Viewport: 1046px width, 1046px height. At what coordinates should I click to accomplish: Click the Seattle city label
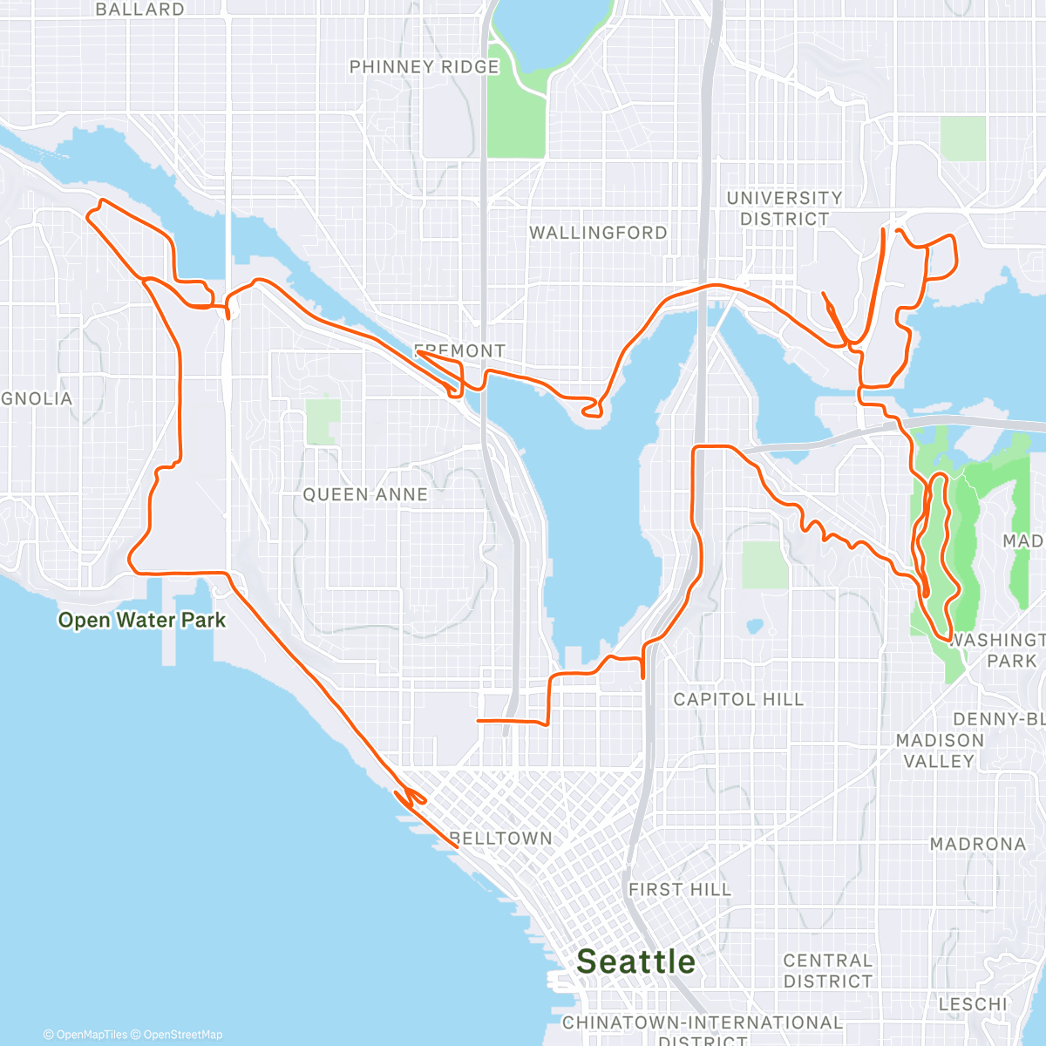click(636, 961)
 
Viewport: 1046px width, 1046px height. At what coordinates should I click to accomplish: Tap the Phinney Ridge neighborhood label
click(424, 67)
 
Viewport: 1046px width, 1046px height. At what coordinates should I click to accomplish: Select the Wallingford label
click(598, 233)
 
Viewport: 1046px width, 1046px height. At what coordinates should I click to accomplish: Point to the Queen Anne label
click(365, 494)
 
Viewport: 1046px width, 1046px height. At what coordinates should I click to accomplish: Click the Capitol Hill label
click(738, 699)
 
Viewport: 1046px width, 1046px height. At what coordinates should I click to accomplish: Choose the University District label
click(784, 208)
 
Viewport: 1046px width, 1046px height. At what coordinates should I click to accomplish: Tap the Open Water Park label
click(141, 621)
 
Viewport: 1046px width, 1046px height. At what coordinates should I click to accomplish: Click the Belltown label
click(501, 839)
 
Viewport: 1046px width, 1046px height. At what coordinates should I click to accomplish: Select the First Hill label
click(680, 889)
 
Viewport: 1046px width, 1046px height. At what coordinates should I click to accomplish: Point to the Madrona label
click(977, 844)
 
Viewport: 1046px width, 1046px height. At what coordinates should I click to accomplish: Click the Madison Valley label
click(940, 751)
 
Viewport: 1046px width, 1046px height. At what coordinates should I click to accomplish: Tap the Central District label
click(827, 970)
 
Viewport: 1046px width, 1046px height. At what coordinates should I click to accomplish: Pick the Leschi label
click(973, 1004)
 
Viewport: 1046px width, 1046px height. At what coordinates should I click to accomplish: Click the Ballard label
click(139, 10)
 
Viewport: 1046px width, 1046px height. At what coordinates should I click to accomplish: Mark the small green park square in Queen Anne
click(323, 421)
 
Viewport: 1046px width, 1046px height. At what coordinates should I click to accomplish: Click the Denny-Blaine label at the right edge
click(999, 719)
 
